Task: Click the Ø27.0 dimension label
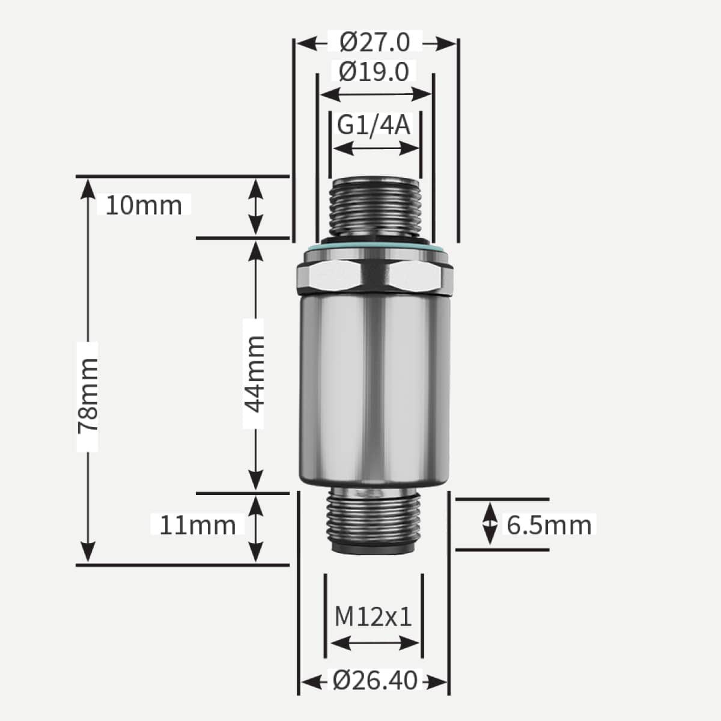(375, 42)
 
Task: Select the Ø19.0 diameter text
(374, 71)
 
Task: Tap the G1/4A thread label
(374, 125)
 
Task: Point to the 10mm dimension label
(144, 205)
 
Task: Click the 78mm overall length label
(88, 395)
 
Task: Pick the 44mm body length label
(254, 374)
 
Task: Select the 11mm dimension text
(197, 525)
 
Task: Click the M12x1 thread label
(374, 616)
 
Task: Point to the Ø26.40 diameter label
(375, 681)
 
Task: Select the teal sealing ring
(376, 248)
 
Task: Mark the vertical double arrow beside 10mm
(256, 207)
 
